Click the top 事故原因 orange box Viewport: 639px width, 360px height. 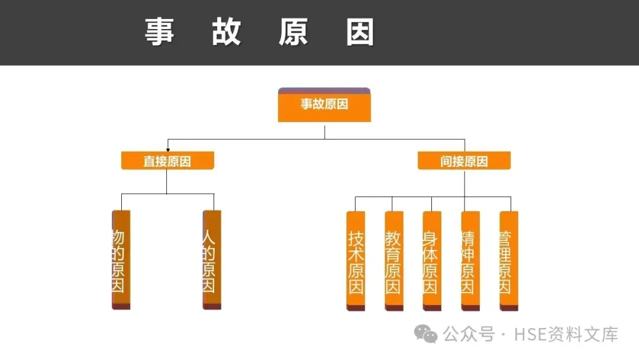pyautogui.click(x=324, y=105)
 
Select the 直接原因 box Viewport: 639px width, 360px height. pyautogui.click(x=167, y=160)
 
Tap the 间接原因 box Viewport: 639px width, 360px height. pyautogui.click(x=464, y=160)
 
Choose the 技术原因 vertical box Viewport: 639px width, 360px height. pyautogui.click(x=356, y=261)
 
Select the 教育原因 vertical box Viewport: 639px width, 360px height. pyautogui.click(x=394, y=261)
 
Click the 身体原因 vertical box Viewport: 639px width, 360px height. pyautogui.click(x=432, y=261)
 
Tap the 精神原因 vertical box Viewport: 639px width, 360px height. pyautogui.click(x=470, y=261)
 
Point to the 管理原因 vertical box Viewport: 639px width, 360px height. pyautogui.click(x=508, y=261)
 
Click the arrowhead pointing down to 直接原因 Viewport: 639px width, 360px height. pyautogui.click(x=168, y=149)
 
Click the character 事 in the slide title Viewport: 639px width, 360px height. pyautogui.click(x=160, y=31)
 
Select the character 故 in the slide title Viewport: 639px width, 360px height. pyautogui.click(x=227, y=31)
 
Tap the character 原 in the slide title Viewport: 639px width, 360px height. pyautogui.click(x=293, y=31)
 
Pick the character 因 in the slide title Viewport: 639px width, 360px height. pyautogui.click(x=360, y=31)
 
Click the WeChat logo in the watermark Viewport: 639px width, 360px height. pyautogui.click(x=426, y=334)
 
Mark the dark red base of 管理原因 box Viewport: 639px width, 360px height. pyautogui.click(x=508, y=308)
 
